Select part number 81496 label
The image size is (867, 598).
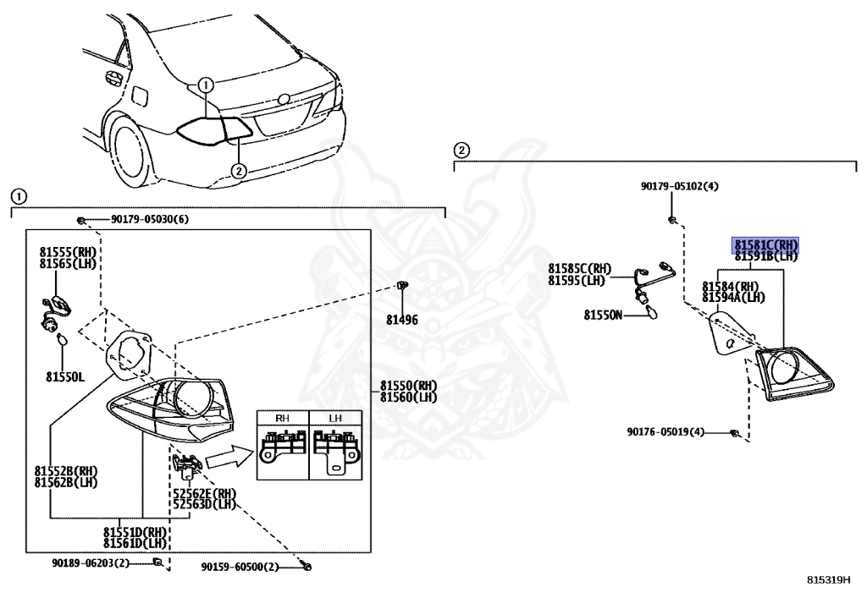402,321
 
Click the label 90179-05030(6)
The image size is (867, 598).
149,220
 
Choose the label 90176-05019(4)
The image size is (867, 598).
665,431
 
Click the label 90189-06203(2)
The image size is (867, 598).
90,562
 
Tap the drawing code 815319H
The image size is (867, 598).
827,581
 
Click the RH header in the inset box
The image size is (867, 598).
283,418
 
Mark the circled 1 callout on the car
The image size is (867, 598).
205,85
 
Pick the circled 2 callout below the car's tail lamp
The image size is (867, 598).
239,170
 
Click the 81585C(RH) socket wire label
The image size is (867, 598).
579,268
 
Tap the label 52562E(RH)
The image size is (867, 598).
204,492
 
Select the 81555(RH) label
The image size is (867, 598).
69,252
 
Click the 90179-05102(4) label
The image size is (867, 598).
679,186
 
